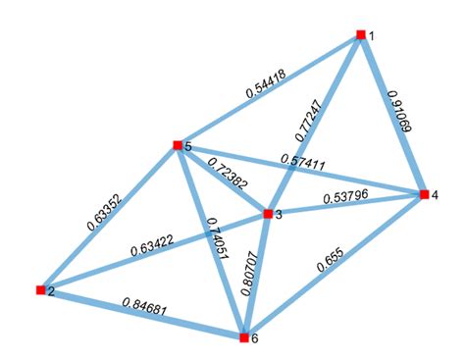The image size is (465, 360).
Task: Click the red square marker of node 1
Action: pyautogui.click(x=361, y=34)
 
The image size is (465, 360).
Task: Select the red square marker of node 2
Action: pyautogui.click(x=40, y=289)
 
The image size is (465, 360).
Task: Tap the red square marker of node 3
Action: pyautogui.click(x=267, y=213)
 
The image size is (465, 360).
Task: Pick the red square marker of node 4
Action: pyautogui.click(x=423, y=194)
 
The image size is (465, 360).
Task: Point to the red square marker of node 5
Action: pyautogui.click(x=178, y=145)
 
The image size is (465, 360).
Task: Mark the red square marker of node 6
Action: pyautogui.click(x=243, y=337)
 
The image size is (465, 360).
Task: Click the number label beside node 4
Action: pyautogui.click(x=436, y=196)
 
